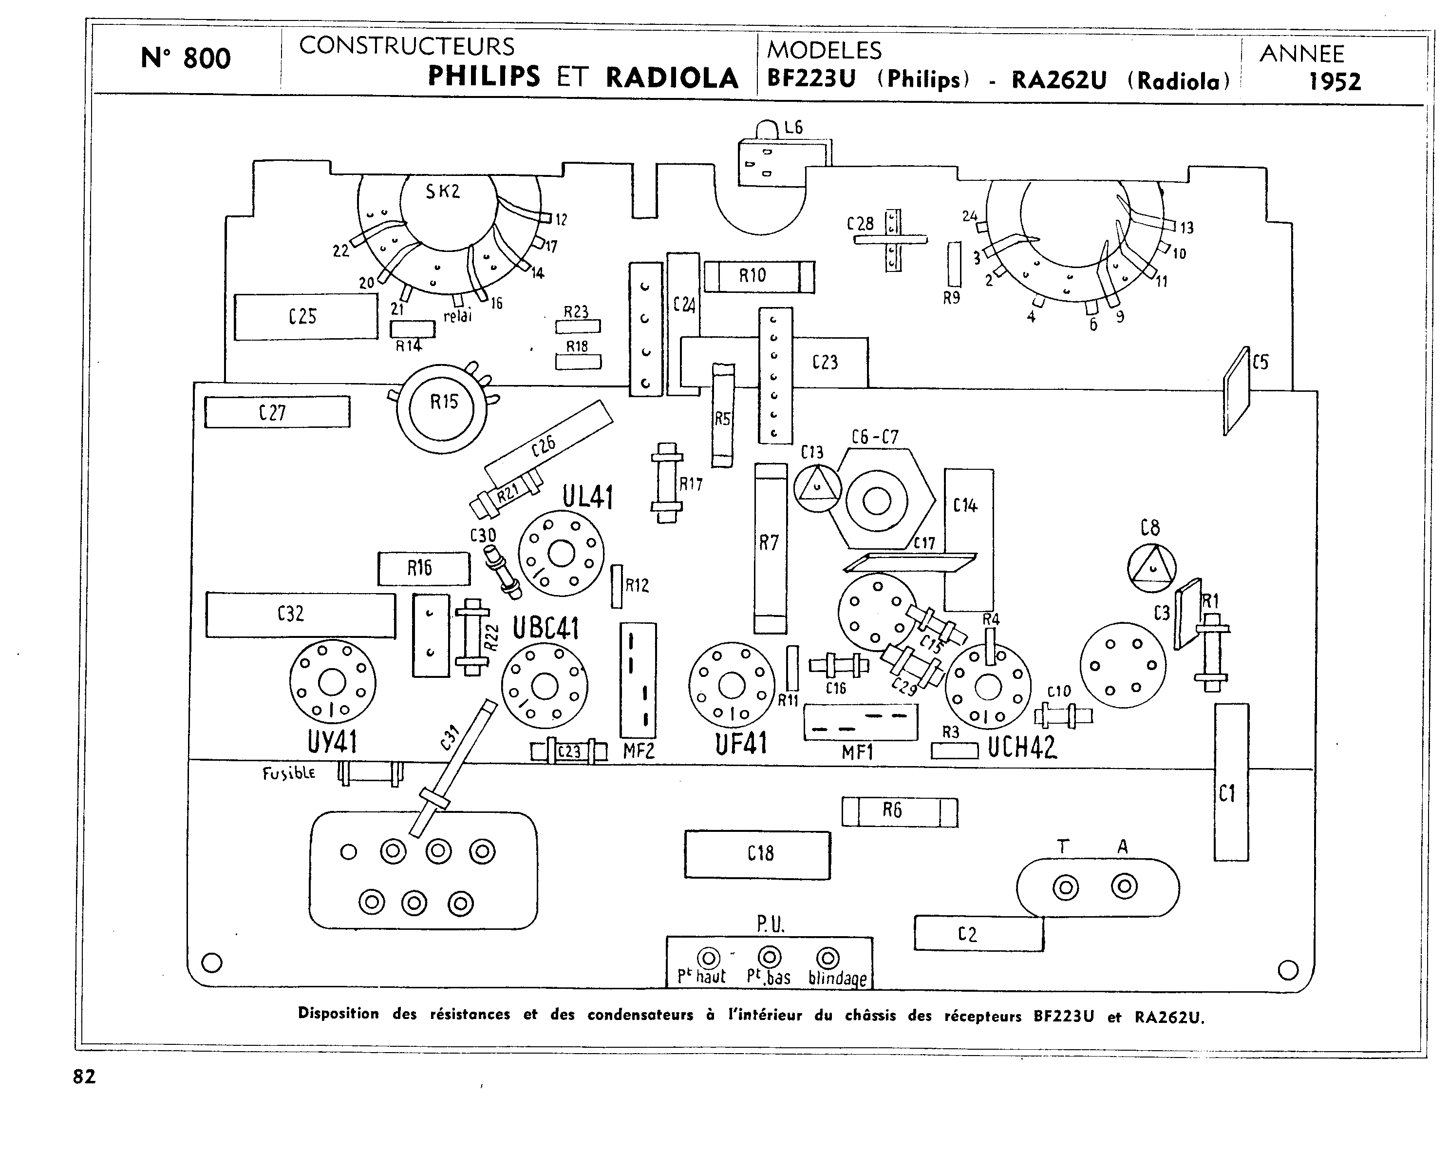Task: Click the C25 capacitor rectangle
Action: (x=306, y=317)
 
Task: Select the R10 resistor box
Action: (x=759, y=276)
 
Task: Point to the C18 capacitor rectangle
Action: (x=757, y=854)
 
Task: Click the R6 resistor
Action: (x=899, y=812)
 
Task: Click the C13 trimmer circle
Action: (x=817, y=487)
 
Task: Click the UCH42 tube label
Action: (x=1021, y=747)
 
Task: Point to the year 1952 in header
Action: (x=1335, y=82)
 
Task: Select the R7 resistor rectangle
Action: (x=770, y=548)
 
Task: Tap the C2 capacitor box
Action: (x=979, y=933)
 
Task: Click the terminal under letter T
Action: (x=1065, y=888)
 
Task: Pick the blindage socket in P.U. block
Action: (x=828, y=958)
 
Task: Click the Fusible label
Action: (x=289, y=773)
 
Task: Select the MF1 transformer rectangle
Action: (x=860, y=722)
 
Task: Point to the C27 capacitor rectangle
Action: (x=277, y=412)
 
